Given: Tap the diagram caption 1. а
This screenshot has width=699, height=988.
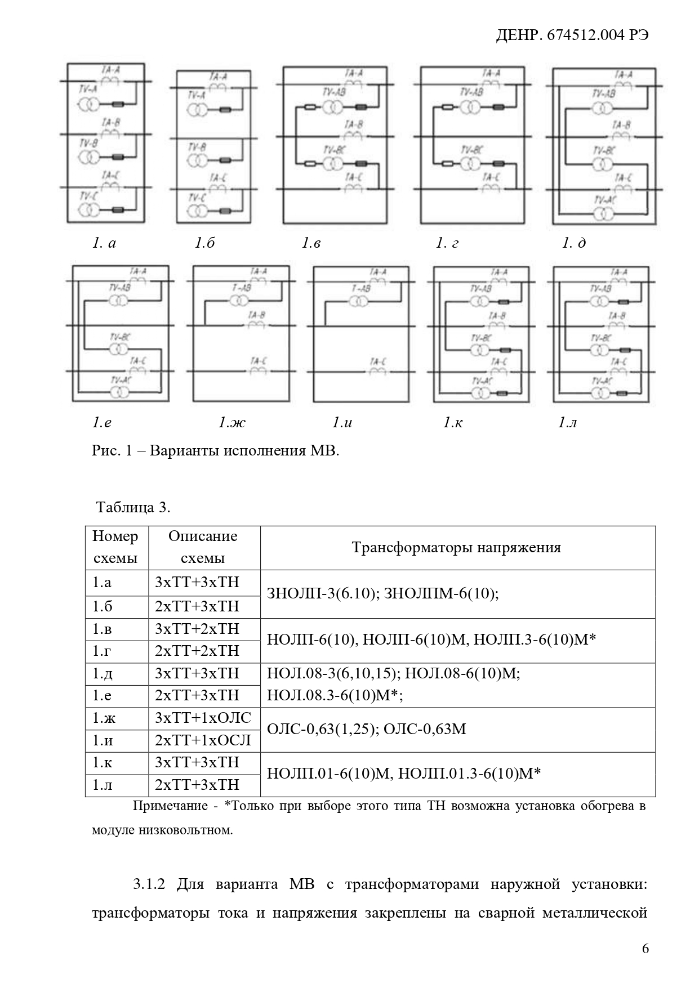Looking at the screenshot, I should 104,243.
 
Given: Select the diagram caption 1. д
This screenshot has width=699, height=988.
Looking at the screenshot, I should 574,243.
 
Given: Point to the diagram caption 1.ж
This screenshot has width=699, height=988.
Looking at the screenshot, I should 232,422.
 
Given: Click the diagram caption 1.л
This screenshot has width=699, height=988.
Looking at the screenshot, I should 568,422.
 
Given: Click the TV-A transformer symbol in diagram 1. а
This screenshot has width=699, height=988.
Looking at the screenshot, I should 89,105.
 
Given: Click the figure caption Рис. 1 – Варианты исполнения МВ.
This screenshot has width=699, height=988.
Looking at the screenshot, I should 215,451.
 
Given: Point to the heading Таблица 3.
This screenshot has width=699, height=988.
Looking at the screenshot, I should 133,507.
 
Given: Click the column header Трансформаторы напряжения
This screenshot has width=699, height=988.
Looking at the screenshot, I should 456,548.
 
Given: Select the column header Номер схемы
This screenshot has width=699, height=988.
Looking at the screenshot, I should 115,547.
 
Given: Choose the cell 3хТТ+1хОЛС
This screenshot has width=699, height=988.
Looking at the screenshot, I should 203,718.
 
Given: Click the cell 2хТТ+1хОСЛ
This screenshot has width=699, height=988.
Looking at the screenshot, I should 203,740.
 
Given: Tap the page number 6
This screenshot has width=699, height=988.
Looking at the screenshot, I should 645,949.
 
